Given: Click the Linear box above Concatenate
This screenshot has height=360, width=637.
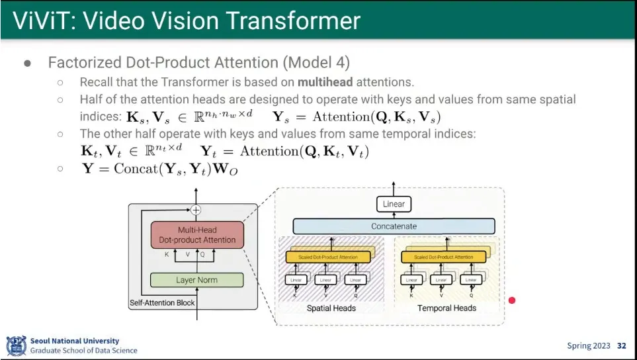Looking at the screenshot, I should click(x=394, y=204).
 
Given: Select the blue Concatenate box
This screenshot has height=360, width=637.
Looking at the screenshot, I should click(x=394, y=226).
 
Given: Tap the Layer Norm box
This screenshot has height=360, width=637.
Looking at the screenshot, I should click(x=196, y=280).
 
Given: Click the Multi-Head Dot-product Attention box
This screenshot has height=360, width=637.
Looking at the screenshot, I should click(x=197, y=235).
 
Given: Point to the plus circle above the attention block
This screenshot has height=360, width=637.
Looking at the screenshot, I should click(x=196, y=210).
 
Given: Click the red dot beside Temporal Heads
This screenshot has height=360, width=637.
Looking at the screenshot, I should click(x=511, y=300).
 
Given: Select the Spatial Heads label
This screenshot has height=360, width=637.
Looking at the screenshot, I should click(x=331, y=308).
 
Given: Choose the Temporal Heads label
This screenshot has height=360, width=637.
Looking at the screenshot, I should click(x=446, y=308).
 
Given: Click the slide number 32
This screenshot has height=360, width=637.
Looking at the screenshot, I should click(x=621, y=346).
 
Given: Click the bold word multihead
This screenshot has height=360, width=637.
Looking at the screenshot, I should click(x=325, y=83).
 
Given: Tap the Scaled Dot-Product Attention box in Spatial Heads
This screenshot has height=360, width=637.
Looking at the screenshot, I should click(x=328, y=257).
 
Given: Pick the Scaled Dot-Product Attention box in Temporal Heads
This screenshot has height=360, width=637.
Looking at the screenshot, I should click(x=443, y=257).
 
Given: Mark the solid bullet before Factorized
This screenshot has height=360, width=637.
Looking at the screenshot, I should click(x=28, y=64).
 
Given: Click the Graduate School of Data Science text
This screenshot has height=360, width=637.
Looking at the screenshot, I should click(x=84, y=351).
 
